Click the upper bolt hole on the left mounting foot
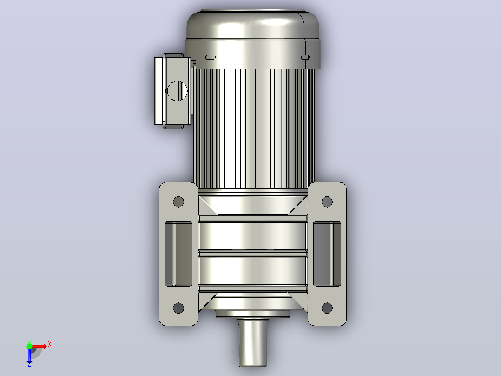178,201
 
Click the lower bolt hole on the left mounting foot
178,308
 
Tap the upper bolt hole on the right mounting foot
327,201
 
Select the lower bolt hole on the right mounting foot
327,308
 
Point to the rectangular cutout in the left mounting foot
178,254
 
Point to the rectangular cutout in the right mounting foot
327,254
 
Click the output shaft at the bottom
253,342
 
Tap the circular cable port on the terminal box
178,91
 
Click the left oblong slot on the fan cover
210,57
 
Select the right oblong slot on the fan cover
305,57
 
